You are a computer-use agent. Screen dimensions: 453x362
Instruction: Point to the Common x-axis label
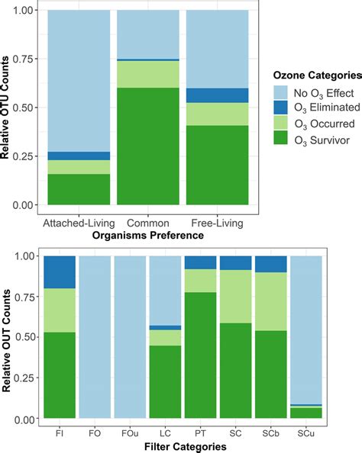[x=147, y=223]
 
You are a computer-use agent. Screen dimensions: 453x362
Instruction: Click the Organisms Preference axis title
[x=147, y=236]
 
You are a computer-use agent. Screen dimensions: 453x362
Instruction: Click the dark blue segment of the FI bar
[x=60, y=272]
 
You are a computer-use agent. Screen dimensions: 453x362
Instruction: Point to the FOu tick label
[x=130, y=433]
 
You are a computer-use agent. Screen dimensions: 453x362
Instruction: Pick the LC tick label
[x=165, y=433]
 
